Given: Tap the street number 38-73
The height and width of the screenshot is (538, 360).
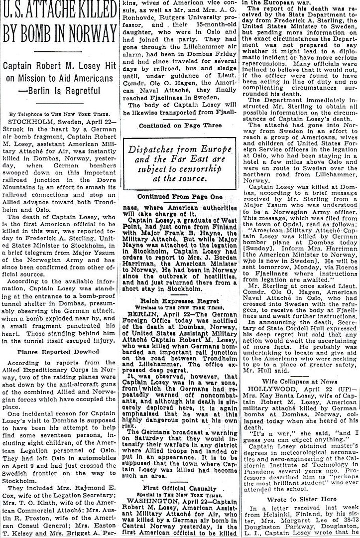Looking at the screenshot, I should (346, 522).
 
